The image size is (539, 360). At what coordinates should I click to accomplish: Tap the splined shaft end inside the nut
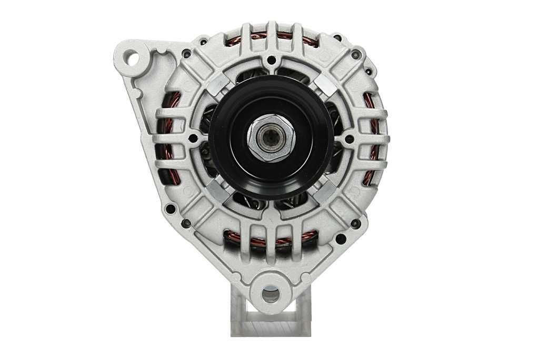tap(272, 138)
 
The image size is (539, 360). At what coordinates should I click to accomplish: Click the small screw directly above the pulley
tap(271, 60)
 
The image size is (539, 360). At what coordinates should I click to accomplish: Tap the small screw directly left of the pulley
tap(193, 138)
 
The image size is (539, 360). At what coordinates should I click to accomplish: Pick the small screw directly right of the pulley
tap(349, 139)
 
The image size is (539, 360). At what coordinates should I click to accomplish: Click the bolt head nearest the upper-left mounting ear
tap(186, 54)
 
